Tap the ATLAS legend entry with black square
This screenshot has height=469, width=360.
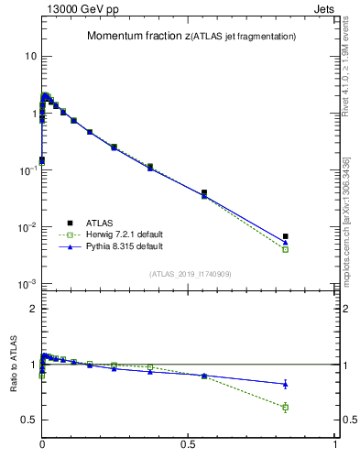pyautogui.click(x=100, y=222)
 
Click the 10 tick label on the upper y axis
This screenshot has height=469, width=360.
pyautogui.click(x=30, y=56)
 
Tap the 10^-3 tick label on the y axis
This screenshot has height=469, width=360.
pyautogui.click(x=27, y=284)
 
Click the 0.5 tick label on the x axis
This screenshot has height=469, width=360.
pyautogui.click(x=189, y=444)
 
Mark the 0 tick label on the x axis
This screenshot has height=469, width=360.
pyautogui.click(x=42, y=444)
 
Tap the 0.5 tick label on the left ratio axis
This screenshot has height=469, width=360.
pyautogui.click(x=29, y=420)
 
